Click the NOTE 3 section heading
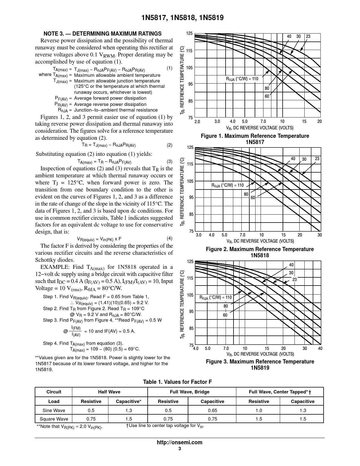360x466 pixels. click(x=102, y=34)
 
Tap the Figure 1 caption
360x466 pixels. click(x=255, y=139)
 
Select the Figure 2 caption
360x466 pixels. click(x=259, y=252)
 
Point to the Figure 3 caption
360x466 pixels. click(x=260, y=365)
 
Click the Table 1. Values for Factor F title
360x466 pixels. click(x=177, y=382)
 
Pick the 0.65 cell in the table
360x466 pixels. click(x=212, y=410)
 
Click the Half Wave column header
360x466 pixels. click(x=109, y=392)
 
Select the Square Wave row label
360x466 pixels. click(x=54, y=419)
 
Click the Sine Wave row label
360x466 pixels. click(x=54, y=410)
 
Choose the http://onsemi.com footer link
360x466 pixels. click(x=179, y=443)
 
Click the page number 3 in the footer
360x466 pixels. click(x=180, y=449)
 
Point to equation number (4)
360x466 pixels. click(x=169, y=238)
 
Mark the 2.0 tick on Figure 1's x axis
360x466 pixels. click(x=197, y=122)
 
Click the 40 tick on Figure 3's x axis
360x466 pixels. click(x=320, y=349)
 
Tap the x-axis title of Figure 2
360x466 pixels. click(x=260, y=241)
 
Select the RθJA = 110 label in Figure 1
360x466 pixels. click(x=242, y=79)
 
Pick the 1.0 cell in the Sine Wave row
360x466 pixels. click(x=259, y=410)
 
